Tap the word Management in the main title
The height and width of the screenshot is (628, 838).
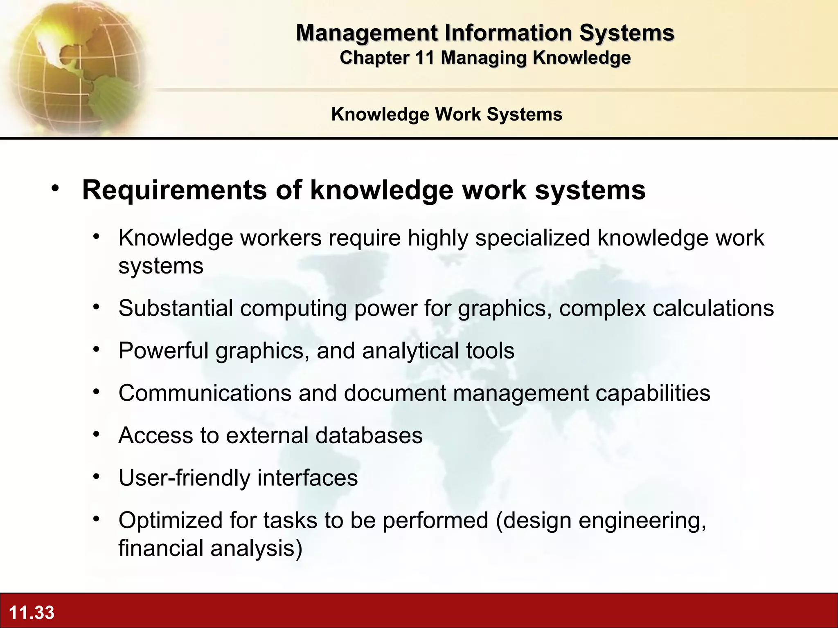[x=367, y=33]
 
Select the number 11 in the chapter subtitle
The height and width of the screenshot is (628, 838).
[x=424, y=58]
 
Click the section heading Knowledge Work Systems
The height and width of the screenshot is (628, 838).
[x=447, y=114]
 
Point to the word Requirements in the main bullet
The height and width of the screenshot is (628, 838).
[x=175, y=190]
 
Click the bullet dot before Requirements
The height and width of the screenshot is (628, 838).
[x=55, y=188]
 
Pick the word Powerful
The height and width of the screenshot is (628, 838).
[x=163, y=350]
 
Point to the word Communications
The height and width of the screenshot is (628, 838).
[x=205, y=393]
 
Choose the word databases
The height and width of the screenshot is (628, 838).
[x=369, y=435]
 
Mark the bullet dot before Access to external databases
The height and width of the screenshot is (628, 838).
[x=96, y=434]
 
